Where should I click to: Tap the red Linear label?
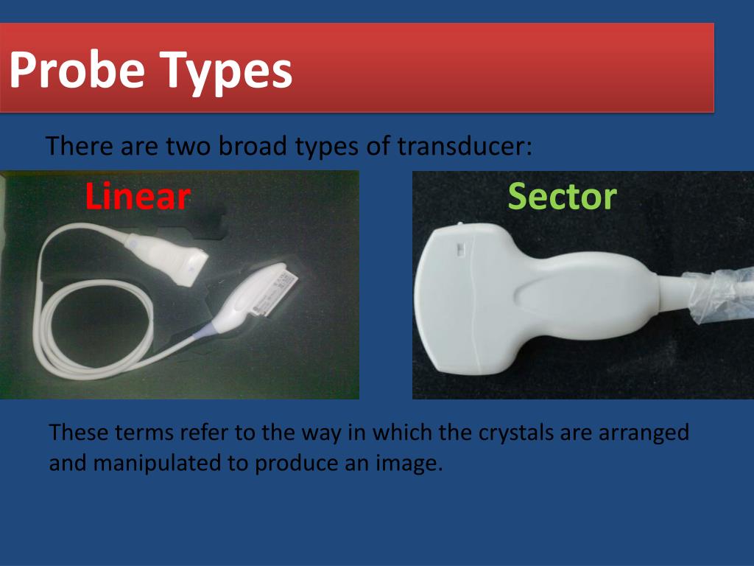[x=138, y=197]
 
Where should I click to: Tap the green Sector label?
[x=562, y=197]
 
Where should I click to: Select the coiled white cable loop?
[x=81, y=324]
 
